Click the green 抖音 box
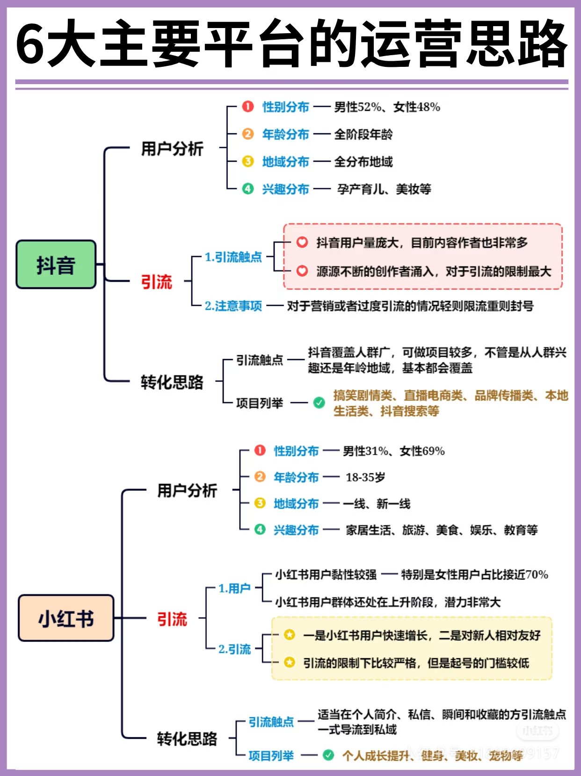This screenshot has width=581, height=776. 56,265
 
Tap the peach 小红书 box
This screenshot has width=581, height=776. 66,618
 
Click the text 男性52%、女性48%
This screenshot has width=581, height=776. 387,107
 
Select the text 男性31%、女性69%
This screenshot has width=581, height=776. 393,451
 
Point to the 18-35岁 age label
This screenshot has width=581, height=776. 365,477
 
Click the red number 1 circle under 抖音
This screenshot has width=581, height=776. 248,107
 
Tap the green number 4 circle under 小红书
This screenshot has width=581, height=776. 260,529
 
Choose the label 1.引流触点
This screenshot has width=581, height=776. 233,257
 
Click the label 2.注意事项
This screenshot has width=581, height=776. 233,306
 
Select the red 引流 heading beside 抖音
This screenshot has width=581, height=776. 157,282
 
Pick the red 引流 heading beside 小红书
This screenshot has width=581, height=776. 172,619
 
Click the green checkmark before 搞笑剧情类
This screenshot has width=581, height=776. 319,402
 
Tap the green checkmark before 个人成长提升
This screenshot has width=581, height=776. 328,755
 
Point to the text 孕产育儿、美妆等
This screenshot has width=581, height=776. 384,189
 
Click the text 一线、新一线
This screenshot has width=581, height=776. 377,504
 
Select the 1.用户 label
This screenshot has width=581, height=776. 234,588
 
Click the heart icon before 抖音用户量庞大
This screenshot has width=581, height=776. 302,242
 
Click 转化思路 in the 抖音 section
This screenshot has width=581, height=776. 172,382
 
